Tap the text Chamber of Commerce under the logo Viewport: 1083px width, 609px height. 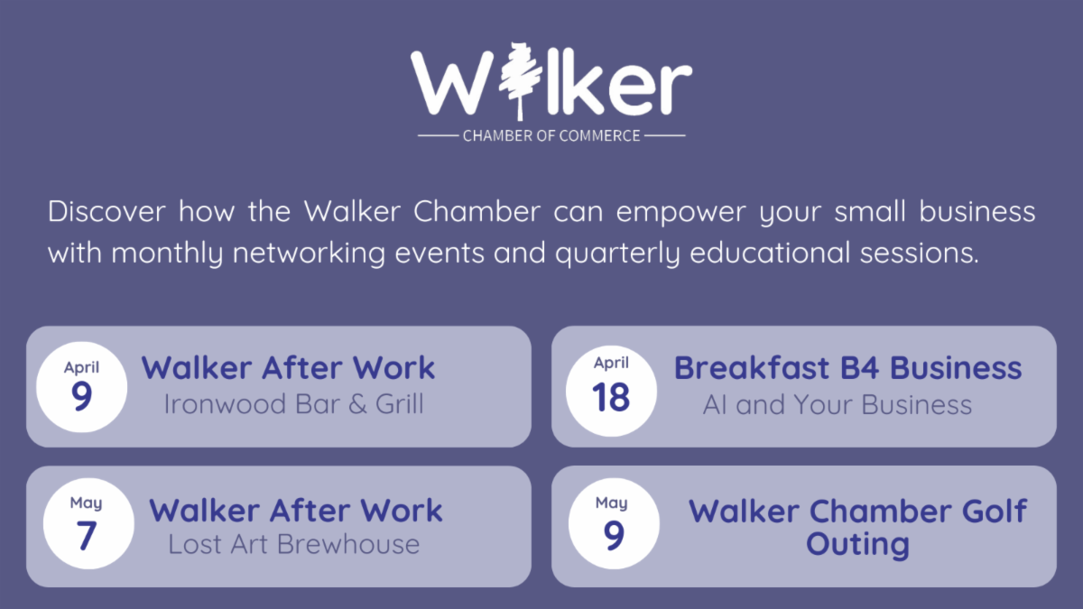coord(551,136)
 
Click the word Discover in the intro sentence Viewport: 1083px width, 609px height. coord(106,212)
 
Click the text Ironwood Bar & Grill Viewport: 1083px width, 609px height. coord(293,403)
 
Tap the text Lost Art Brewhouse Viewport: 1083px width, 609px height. coord(293,544)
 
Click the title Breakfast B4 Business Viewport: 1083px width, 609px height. coord(847,368)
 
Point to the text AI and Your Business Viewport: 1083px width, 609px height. coord(838,405)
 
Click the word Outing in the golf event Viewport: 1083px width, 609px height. coord(857,544)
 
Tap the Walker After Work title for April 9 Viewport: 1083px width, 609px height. coord(288,368)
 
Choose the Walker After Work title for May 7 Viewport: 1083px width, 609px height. coord(296,510)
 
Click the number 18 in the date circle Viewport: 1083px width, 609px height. coord(611,398)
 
